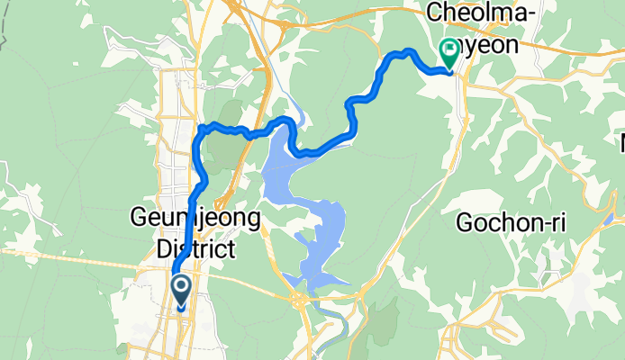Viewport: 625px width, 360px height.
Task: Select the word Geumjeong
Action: point(195,219)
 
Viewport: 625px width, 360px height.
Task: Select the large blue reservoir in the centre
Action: point(288,171)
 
